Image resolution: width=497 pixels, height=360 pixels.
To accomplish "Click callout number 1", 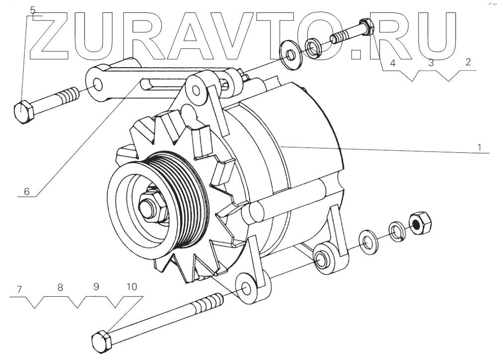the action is tap(479, 148).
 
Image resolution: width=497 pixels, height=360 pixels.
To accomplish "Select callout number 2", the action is tap(467, 62).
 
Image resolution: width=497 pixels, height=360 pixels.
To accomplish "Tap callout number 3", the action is tap(431, 63).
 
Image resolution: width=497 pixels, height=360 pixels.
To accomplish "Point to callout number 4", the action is tap(393, 63).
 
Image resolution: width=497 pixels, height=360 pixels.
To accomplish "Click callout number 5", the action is tap(33, 10).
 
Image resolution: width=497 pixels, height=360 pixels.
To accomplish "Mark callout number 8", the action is tap(60, 287).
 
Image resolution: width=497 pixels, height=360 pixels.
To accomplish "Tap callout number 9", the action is tap(97, 287).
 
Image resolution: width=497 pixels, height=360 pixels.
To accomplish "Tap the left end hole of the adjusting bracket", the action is tap(97, 85).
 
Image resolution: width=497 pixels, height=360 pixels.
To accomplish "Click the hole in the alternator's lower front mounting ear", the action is tap(246, 291).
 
